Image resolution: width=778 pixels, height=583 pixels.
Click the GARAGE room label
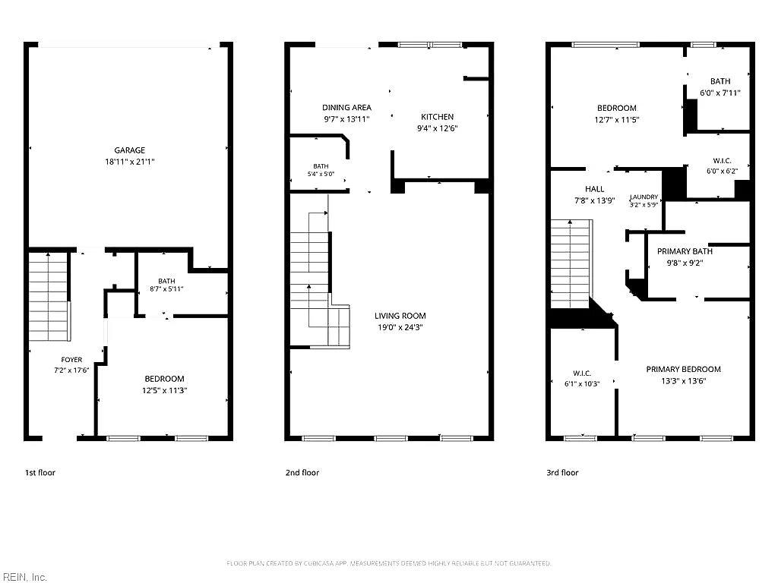(x=129, y=150)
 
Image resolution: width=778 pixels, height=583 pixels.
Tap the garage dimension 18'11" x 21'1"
(x=129, y=162)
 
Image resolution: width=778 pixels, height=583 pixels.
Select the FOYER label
(x=71, y=360)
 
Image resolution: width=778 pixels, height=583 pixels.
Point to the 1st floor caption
(x=40, y=472)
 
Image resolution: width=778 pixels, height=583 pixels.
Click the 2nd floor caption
(x=302, y=472)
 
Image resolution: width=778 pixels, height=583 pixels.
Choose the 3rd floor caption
(x=562, y=472)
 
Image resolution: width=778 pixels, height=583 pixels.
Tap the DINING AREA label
(x=346, y=108)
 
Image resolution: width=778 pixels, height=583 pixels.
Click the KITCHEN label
(x=437, y=117)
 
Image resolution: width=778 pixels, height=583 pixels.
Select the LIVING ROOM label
(x=400, y=316)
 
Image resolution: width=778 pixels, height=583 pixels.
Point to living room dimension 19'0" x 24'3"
(x=400, y=327)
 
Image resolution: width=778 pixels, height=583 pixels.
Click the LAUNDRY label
(x=644, y=197)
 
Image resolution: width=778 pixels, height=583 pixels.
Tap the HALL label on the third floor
(x=594, y=189)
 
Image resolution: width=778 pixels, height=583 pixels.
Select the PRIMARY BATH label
(x=685, y=251)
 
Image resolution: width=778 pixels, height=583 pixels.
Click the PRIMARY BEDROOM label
(x=683, y=370)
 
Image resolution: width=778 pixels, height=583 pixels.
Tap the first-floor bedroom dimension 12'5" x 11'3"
(x=164, y=390)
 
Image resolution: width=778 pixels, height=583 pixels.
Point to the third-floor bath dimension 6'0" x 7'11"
(x=720, y=93)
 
